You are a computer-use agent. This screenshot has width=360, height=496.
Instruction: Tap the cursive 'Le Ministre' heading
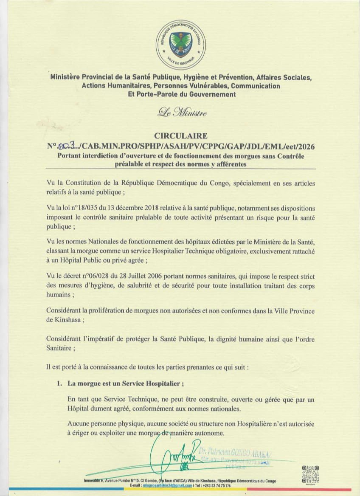pyautogui.click(x=182, y=113)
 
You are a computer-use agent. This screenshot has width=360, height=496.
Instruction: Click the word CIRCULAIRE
pyautogui.click(x=181, y=136)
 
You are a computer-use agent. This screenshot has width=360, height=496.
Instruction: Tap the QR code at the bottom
pyautogui.click(x=310, y=475)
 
